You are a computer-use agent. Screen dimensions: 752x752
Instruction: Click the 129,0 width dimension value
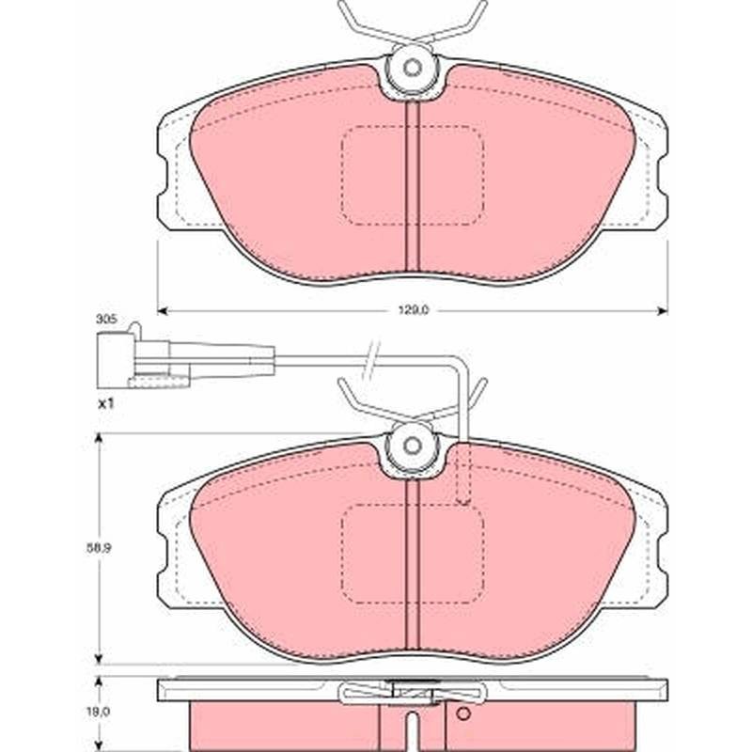(x=413, y=310)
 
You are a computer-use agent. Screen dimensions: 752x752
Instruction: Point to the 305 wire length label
(x=106, y=320)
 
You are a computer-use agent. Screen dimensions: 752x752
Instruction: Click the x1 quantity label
(x=105, y=404)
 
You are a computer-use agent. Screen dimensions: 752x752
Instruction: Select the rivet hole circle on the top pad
(x=412, y=68)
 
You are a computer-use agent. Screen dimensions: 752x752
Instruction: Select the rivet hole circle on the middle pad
(x=412, y=446)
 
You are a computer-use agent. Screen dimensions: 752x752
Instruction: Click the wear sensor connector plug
(x=144, y=360)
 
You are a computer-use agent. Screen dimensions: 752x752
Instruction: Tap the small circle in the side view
(x=462, y=713)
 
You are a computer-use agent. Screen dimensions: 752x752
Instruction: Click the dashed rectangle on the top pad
(x=412, y=176)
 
